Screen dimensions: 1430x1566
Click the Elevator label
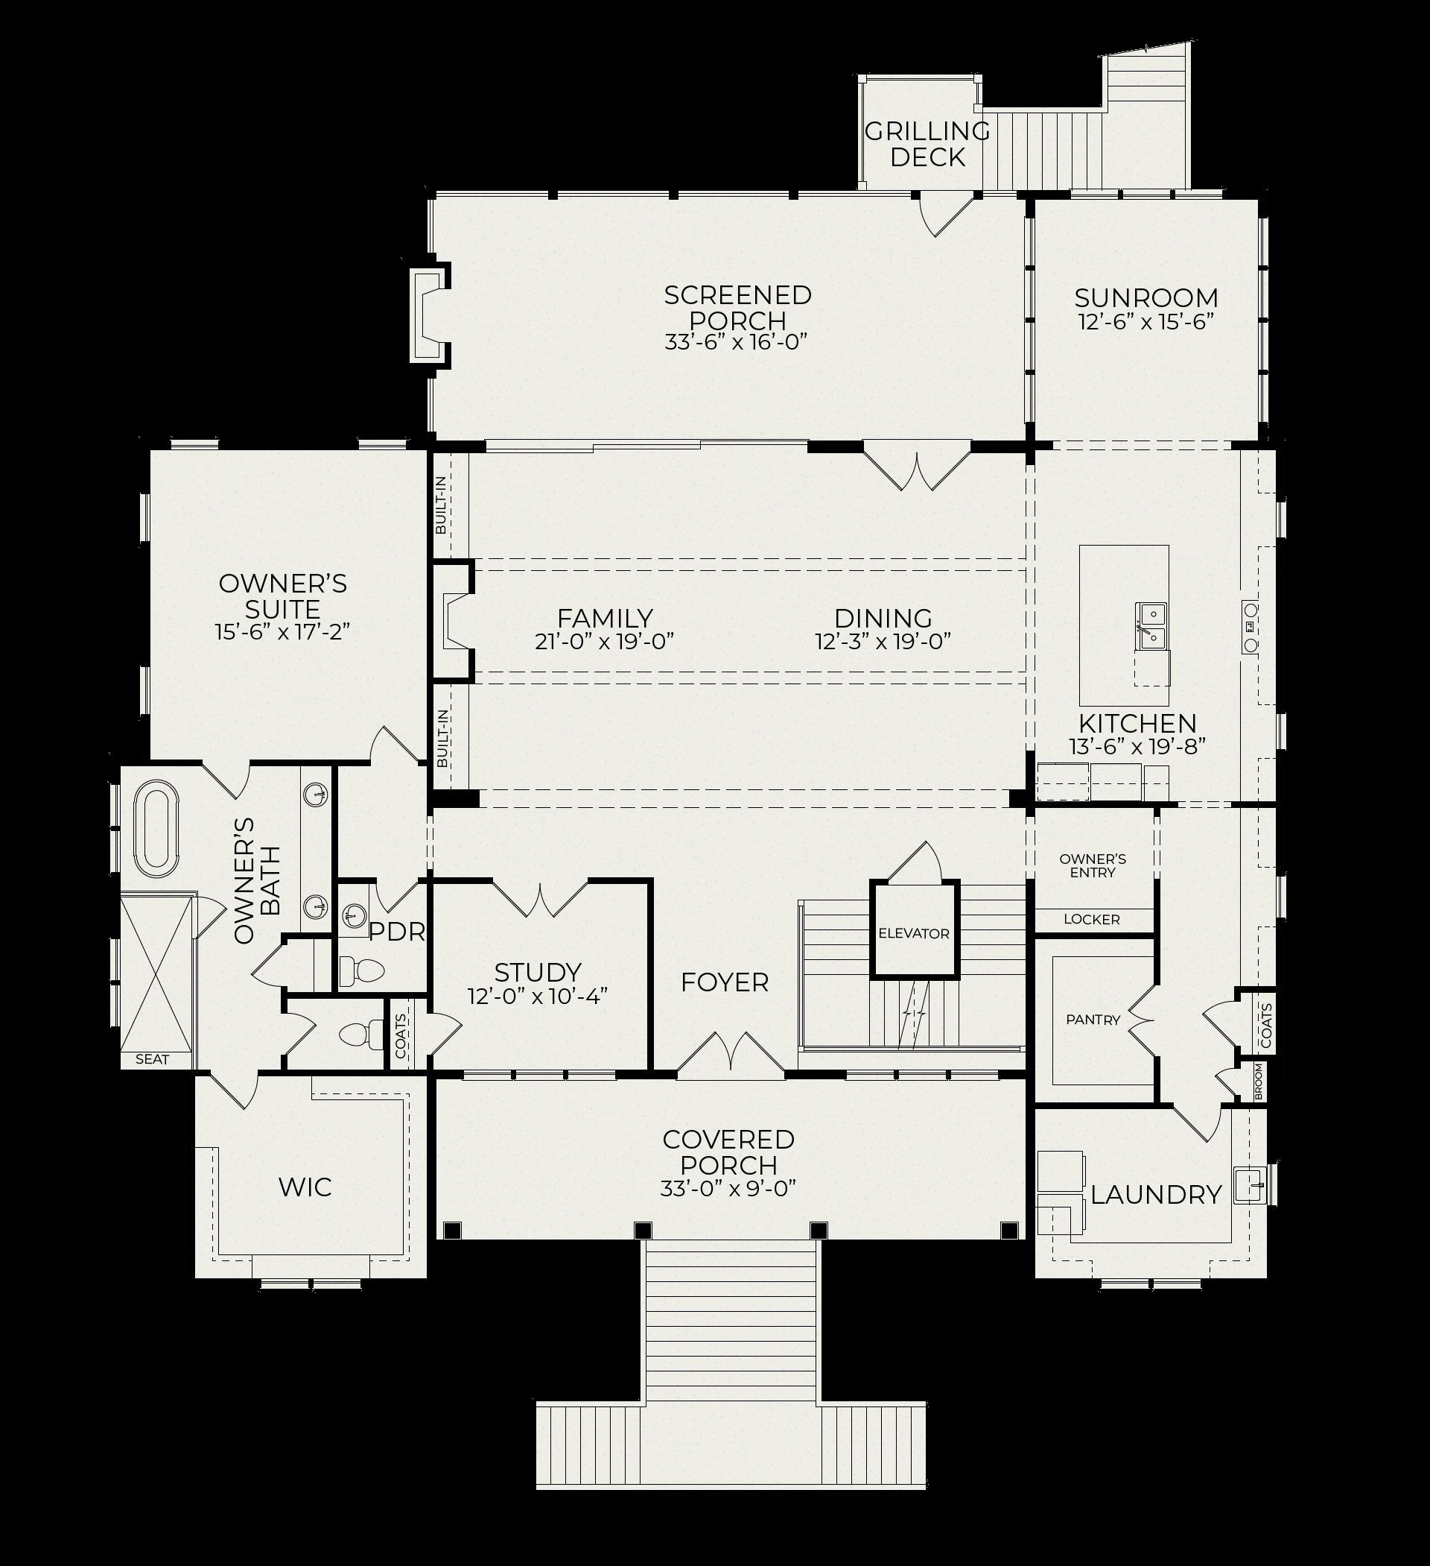pos(914,934)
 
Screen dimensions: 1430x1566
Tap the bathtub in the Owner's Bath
pos(158,830)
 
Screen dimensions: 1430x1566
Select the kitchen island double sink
pos(1152,626)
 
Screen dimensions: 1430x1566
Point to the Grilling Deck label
pos(928,145)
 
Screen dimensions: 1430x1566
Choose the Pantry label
pos(1093,1020)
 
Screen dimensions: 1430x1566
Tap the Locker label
pos(1092,920)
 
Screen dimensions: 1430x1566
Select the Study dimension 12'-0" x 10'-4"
pos(537,997)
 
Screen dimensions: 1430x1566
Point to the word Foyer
pos(725,982)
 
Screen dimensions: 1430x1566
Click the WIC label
pos(305,1187)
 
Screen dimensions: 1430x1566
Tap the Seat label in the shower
pos(152,1060)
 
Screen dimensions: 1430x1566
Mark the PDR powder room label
pos(397,932)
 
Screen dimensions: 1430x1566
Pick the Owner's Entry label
pos(1093,866)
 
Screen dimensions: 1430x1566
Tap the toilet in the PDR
pos(362,970)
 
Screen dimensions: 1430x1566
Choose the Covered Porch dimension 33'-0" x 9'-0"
pos(729,1189)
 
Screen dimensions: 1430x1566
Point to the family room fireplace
pos(453,621)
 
